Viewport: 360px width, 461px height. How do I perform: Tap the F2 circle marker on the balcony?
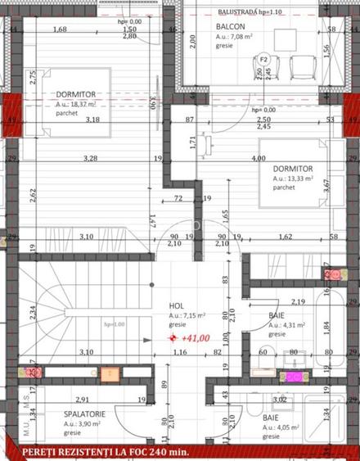coord(263,59)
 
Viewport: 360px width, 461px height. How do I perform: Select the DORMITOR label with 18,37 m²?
coord(78,94)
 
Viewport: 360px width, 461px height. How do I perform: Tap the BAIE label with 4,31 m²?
coord(277,314)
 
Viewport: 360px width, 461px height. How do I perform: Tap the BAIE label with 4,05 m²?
coord(270,417)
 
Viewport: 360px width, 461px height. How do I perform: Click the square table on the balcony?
coord(286,38)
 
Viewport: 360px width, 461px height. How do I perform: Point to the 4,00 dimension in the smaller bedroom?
coord(259,157)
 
